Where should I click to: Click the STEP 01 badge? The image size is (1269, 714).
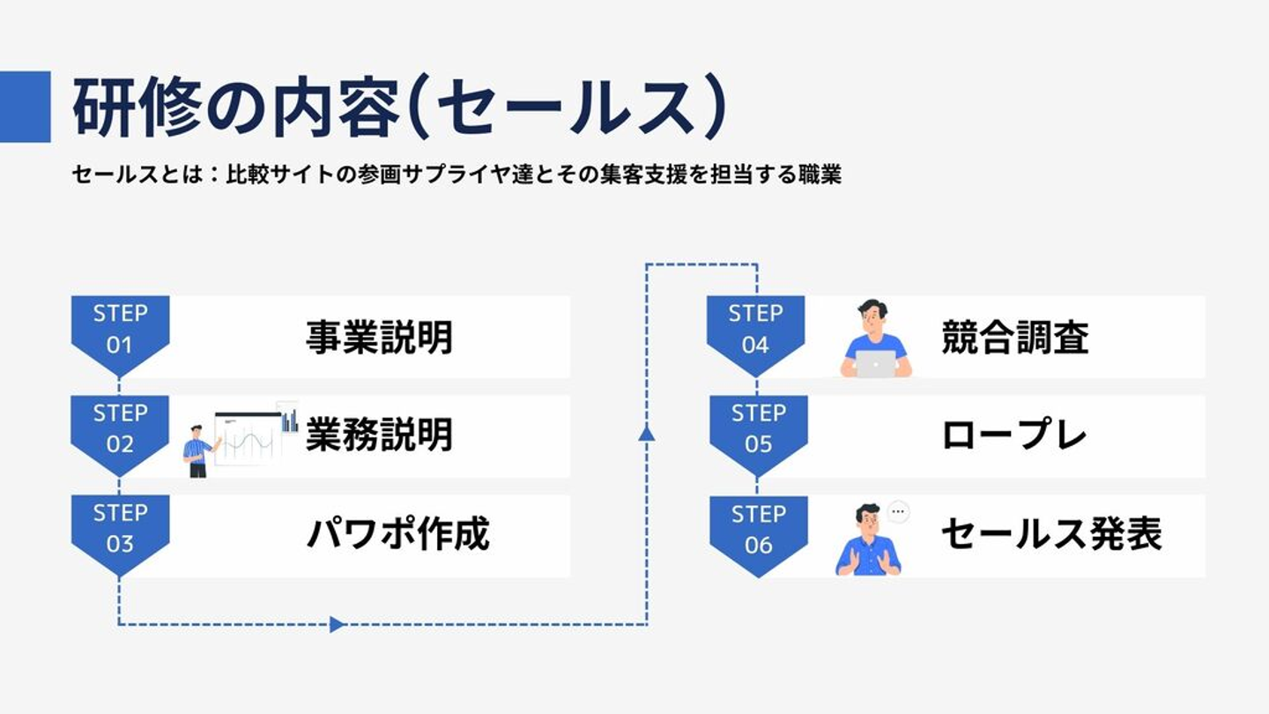point(120,331)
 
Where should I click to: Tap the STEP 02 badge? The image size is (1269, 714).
point(120,429)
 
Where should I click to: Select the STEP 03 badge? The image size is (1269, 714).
point(120,529)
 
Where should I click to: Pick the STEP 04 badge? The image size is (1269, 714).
point(755,331)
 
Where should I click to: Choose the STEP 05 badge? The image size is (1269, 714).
point(758,429)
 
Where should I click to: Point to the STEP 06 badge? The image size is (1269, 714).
point(758,530)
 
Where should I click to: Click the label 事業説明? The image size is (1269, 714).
point(379,338)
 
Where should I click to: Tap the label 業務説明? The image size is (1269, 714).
point(379,435)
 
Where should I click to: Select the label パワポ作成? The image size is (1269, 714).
point(397,534)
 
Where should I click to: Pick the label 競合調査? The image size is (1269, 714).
point(1014,338)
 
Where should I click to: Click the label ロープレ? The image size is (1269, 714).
point(1013,435)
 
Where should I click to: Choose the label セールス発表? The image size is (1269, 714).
point(1051,534)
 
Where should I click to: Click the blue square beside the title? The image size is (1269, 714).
point(25,107)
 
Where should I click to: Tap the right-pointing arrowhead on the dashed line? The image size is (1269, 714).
point(337,624)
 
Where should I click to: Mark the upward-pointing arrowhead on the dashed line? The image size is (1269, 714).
point(647,433)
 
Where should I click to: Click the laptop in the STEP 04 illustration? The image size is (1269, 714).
point(876,363)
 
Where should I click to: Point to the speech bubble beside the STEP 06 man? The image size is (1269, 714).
point(898,511)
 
